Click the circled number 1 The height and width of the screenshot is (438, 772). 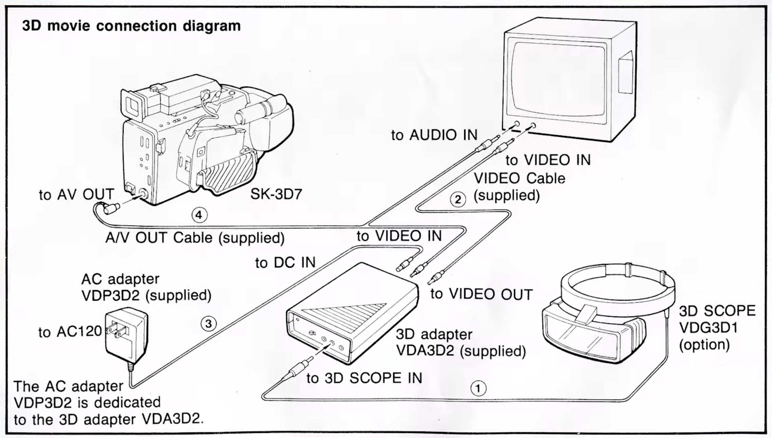tap(478, 388)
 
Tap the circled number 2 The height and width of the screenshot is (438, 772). tap(458, 199)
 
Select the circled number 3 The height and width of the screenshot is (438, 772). tap(208, 323)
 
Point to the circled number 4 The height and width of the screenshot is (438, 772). tap(199, 215)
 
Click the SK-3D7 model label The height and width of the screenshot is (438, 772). tap(276, 194)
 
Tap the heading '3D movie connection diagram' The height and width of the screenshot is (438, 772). tap(131, 26)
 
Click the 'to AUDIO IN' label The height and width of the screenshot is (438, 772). tap(434, 135)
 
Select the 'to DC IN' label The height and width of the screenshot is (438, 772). tap(285, 263)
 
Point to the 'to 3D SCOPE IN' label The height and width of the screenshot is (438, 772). tap(364, 378)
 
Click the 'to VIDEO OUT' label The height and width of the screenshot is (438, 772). tap(481, 294)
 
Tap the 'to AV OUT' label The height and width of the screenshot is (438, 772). tap(76, 194)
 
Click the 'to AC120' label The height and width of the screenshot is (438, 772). tap(70, 332)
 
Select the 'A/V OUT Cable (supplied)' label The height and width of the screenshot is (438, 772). tap(195, 237)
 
